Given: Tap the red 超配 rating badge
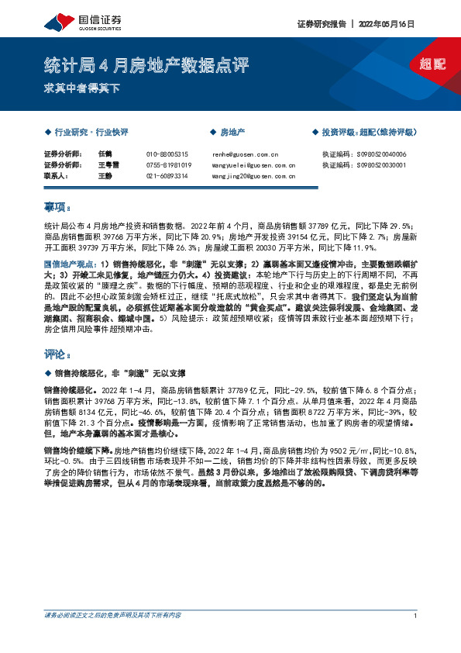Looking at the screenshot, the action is [x=432, y=64].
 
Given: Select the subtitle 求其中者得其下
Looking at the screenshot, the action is [x=82, y=88].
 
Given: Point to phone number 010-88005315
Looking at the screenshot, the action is [x=167, y=154].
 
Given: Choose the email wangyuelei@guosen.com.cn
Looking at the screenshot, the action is [x=253, y=165].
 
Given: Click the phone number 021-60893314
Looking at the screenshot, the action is [x=167, y=176].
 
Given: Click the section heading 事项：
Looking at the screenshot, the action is [x=58, y=207].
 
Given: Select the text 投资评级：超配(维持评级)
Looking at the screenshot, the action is [x=369, y=133].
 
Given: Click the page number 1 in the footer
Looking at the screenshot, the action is [x=416, y=637].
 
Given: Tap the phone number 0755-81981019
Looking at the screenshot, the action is [x=168, y=165].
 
